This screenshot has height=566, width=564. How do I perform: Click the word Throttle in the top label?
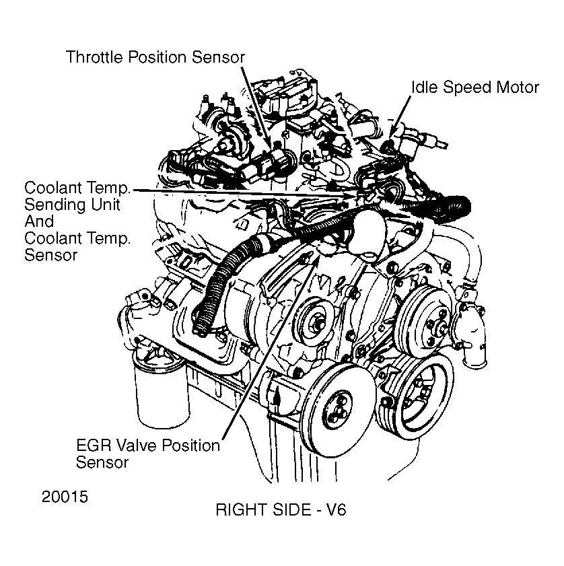pyautogui.click(x=95, y=57)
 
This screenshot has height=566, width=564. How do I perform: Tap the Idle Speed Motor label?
pyautogui.click(x=475, y=87)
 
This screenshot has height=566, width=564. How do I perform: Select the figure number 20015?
pyautogui.click(x=65, y=497)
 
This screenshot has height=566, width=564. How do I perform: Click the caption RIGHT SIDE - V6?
pyautogui.click(x=281, y=509)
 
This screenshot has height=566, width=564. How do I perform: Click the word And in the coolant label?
pyautogui.click(x=39, y=221)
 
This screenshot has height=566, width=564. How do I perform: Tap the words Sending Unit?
pyautogui.click(x=72, y=205)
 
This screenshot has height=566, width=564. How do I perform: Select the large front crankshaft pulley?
pyautogui.click(x=336, y=410)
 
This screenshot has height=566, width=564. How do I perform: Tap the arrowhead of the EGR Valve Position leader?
pyautogui.click(x=315, y=258)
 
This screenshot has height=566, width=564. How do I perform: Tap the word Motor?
pyautogui.click(x=518, y=87)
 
